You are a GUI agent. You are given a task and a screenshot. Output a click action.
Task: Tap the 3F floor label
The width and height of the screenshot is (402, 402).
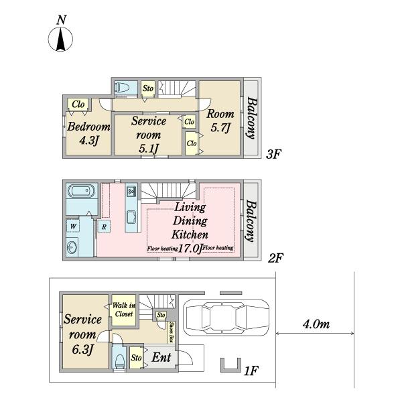pyautogui.click(x=273, y=154)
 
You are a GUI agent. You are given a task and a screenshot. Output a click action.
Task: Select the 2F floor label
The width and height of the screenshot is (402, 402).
pyautogui.click(x=275, y=258)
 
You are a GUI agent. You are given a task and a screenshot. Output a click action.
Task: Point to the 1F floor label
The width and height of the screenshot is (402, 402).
pyautogui.click(x=251, y=371)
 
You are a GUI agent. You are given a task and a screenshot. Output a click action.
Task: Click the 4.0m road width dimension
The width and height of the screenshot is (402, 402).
pyautogui.click(x=316, y=324)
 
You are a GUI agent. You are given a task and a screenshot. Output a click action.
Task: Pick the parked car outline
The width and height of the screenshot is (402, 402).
pyautogui.click(x=226, y=318)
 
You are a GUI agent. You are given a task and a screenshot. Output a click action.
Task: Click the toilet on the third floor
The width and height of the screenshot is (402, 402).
pyautogui.click(x=122, y=88)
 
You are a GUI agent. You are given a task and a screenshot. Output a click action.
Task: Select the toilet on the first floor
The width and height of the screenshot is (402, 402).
pyautogui.click(x=119, y=361)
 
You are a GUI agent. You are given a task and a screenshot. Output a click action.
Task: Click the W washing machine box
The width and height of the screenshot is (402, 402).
pyautogui.click(x=73, y=226)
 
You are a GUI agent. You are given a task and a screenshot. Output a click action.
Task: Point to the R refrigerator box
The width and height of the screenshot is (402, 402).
pyautogui.click(x=104, y=226)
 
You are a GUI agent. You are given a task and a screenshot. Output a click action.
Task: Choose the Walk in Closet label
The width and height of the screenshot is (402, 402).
pyautogui.click(x=124, y=310)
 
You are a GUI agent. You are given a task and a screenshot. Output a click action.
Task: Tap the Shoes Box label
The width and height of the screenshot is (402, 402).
pyautogui.click(x=172, y=332)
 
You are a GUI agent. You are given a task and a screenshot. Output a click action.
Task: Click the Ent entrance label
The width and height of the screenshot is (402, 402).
pyautogui.click(x=161, y=357)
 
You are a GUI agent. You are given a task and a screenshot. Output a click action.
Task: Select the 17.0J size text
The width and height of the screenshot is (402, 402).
pyautogui.click(x=190, y=248)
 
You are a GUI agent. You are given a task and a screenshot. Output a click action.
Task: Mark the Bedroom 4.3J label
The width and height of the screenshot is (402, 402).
pyautogui.click(x=88, y=133)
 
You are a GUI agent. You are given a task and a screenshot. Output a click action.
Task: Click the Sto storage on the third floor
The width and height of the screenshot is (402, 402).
pyautogui.click(x=148, y=88)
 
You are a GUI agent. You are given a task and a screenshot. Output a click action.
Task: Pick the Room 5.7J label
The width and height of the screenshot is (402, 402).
pyautogui.click(x=220, y=121)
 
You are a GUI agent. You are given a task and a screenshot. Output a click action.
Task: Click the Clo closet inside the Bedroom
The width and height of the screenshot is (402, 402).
pyautogui.click(x=78, y=105)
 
